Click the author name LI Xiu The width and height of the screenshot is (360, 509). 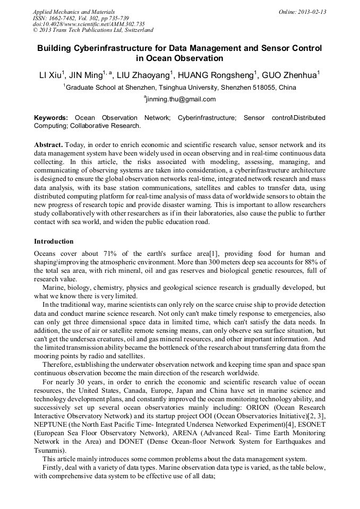[50, 74]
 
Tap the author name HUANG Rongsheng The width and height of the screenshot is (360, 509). [225, 74]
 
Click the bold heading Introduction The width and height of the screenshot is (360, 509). [54, 241]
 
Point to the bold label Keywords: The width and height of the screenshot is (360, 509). [51, 118]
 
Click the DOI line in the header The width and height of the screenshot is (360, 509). [89, 24]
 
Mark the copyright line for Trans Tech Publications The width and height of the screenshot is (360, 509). [93, 31]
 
